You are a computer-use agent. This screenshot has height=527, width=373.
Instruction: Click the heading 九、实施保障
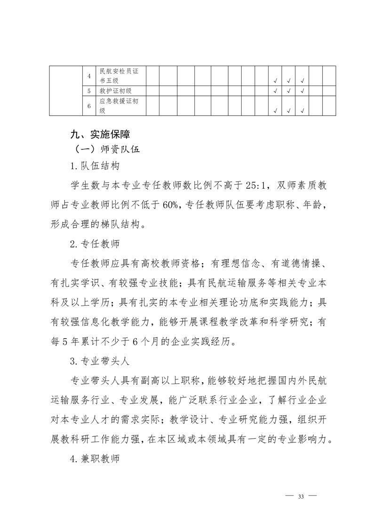(97, 135)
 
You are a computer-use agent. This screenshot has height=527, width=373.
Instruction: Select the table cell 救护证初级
(116, 90)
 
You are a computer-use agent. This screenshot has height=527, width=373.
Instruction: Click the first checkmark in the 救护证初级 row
(275, 91)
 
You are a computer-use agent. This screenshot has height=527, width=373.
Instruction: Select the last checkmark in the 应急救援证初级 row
(302, 111)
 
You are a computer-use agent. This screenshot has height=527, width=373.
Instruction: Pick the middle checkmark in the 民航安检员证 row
(288, 81)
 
